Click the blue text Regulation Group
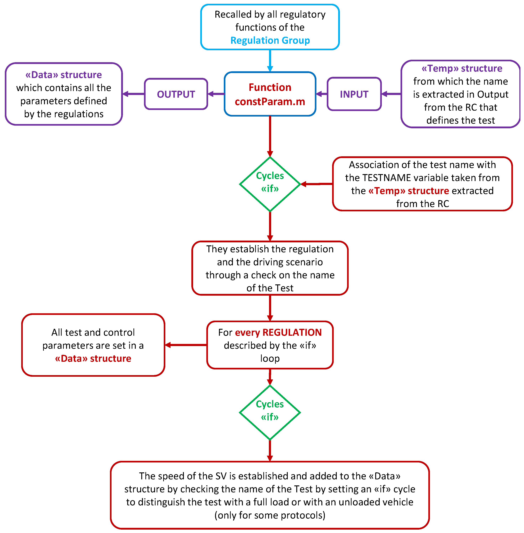pos(270,40)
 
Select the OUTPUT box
pos(176,94)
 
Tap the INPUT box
pos(354,94)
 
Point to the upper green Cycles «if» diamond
pos(270,184)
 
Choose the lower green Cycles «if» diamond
pos(270,412)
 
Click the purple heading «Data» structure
pos(64,75)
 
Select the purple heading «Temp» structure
pos(462,68)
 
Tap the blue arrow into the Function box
pos(270,61)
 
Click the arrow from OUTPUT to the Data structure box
pos(133,94)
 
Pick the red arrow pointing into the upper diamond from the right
pos(316,184)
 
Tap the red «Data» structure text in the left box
pos(93,359)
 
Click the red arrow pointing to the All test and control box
pos(186,345)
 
